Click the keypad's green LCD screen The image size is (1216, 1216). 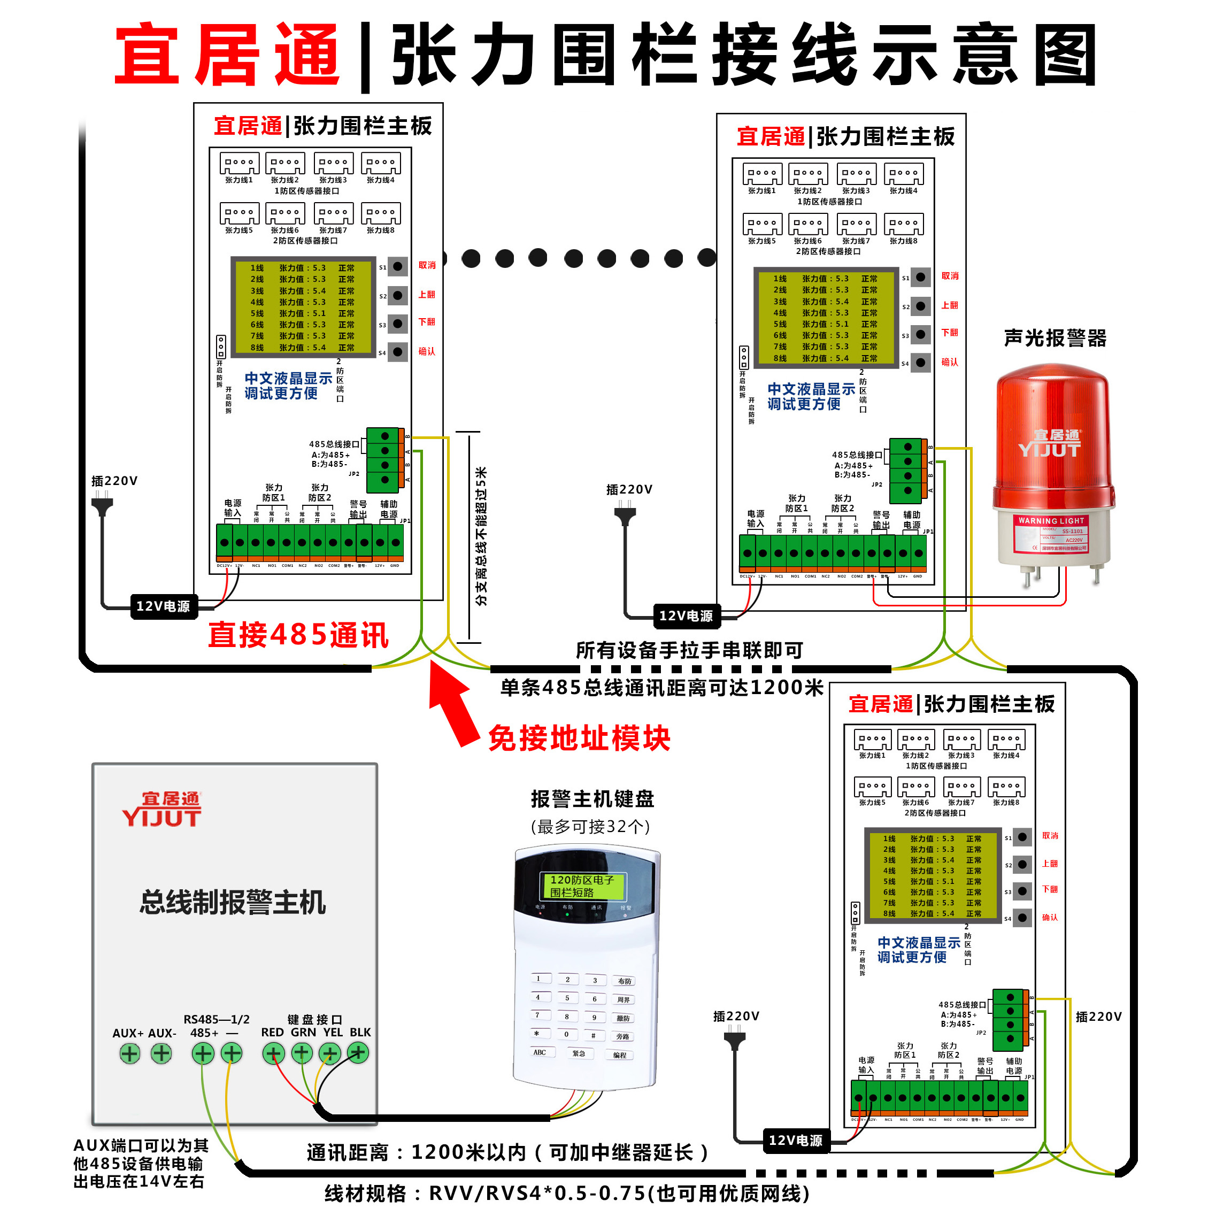pyautogui.click(x=582, y=886)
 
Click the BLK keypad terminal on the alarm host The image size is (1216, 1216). pyautogui.click(x=358, y=1052)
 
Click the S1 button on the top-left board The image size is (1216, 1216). pyautogui.click(x=397, y=266)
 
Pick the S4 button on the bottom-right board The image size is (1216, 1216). pyautogui.click(x=1022, y=918)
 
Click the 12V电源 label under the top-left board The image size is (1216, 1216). pyautogui.click(x=163, y=606)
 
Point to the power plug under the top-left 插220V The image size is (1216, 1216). pyautogui.click(x=103, y=505)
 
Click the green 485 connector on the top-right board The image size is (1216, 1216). pyautogui.click(x=907, y=470)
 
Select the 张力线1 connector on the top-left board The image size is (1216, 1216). pyautogui.click(x=239, y=164)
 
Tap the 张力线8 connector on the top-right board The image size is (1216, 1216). pyautogui.click(x=903, y=225)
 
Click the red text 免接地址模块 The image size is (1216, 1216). pyautogui.click(x=579, y=738)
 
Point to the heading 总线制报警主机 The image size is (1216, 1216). pyautogui.click(x=233, y=902)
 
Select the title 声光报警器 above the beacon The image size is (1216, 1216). pyautogui.click(x=1055, y=338)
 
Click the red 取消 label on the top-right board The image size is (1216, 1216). pyautogui.click(x=950, y=276)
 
